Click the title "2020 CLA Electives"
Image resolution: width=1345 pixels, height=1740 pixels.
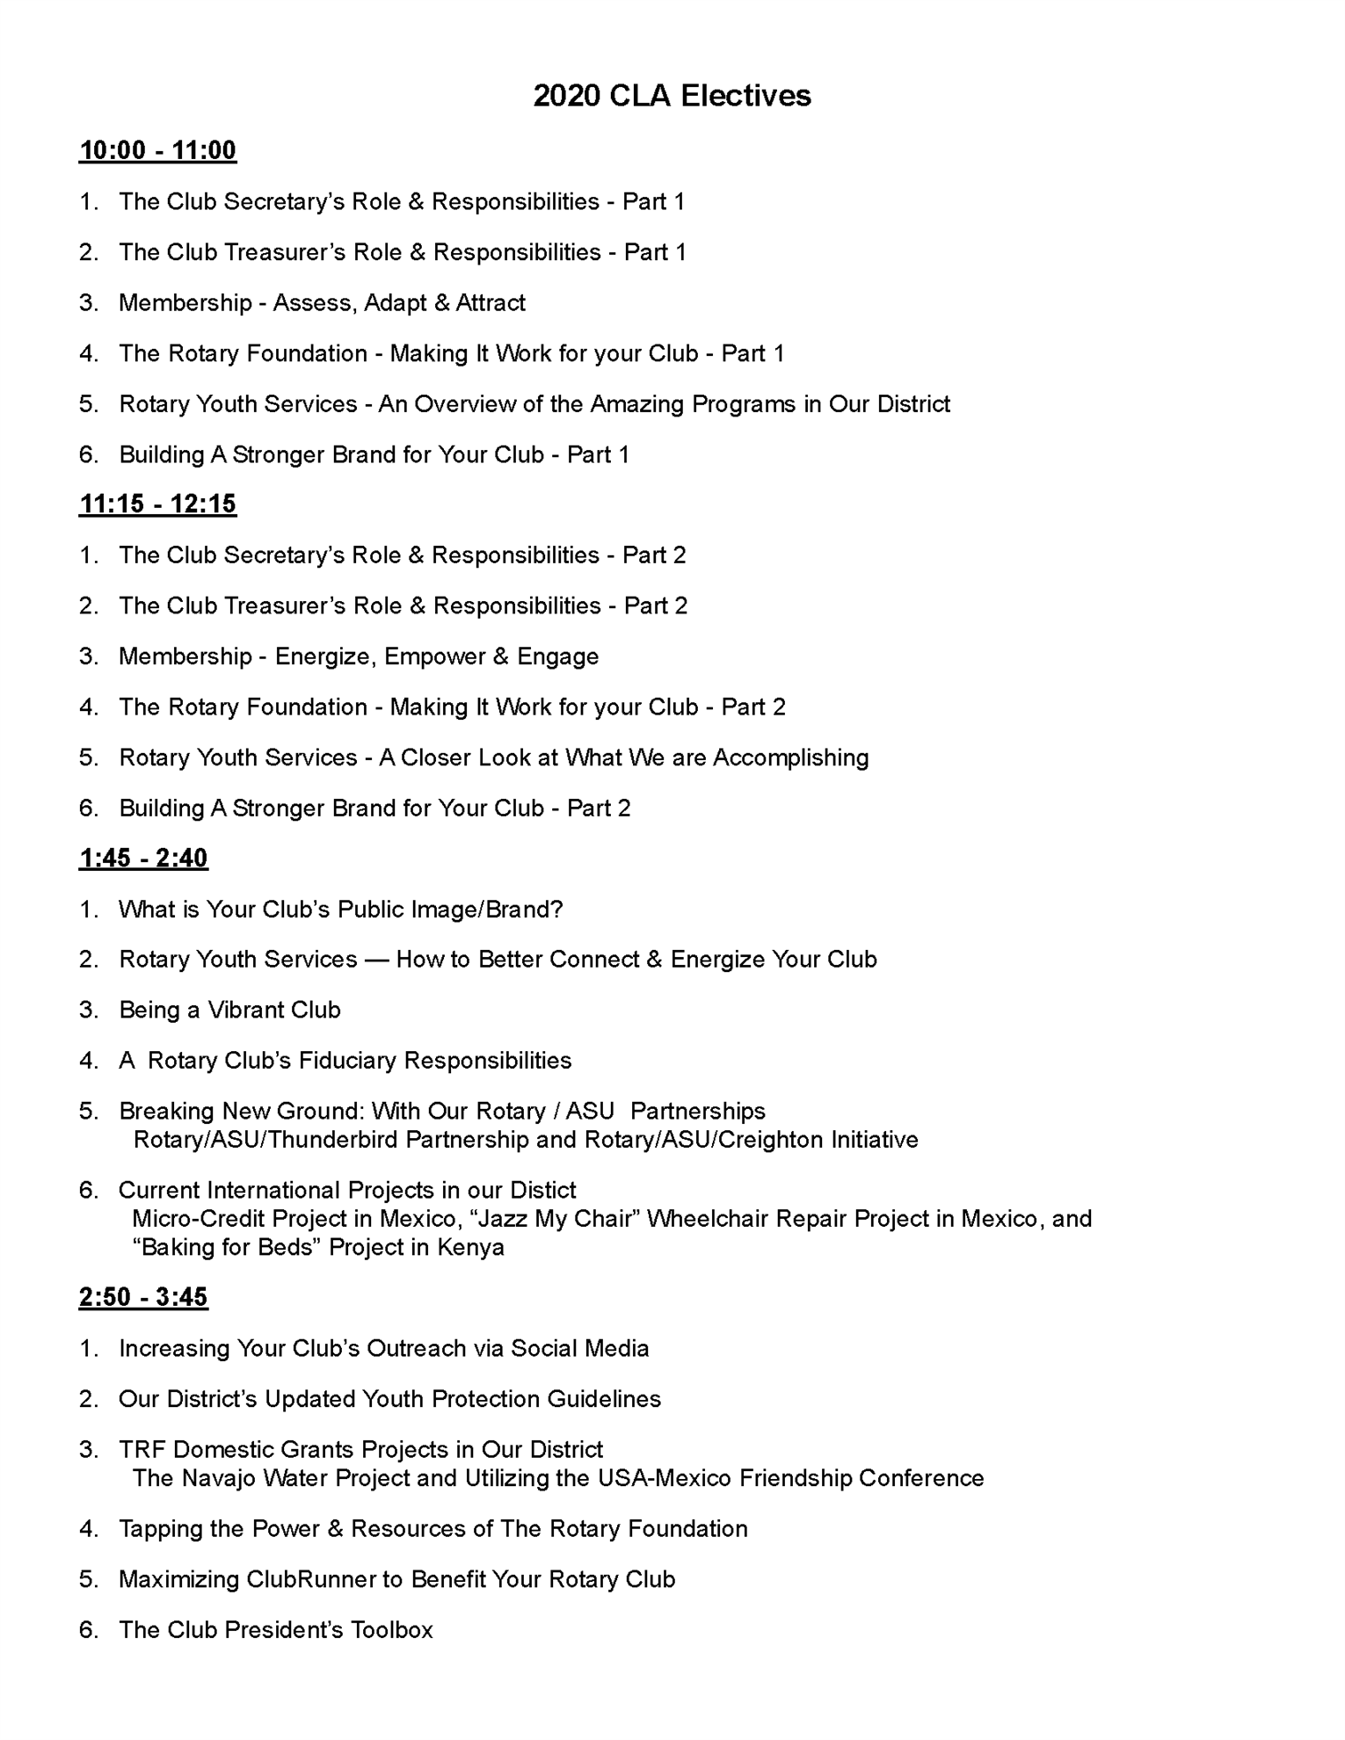(x=672, y=95)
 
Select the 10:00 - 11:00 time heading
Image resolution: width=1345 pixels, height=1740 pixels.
(x=157, y=150)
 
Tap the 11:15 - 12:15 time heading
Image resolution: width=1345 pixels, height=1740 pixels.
(x=157, y=504)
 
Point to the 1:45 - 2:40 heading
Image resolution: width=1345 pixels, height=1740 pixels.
(x=143, y=858)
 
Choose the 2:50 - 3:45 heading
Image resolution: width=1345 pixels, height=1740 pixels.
(x=143, y=1297)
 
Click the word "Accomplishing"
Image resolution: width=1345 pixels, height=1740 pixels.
(x=790, y=758)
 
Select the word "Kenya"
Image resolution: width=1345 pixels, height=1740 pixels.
(x=474, y=1248)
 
